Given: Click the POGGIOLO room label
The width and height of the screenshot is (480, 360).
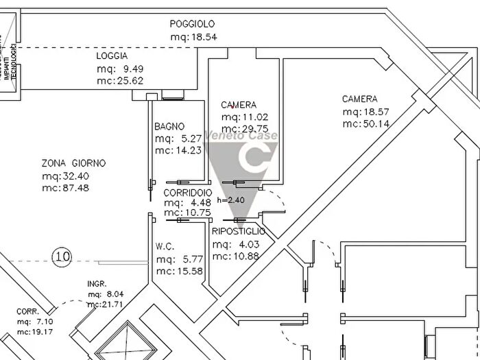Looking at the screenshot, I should pyautogui.click(x=193, y=24).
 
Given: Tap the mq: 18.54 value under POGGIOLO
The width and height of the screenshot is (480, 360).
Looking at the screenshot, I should pyautogui.click(x=193, y=37).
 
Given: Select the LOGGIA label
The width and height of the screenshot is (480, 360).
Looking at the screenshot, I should pyautogui.click(x=112, y=56).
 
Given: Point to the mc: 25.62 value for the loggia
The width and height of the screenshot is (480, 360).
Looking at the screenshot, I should pyautogui.click(x=120, y=81).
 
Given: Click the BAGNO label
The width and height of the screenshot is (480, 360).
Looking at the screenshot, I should pyautogui.click(x=169, y=126).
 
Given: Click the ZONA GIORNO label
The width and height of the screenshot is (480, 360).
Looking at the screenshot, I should pyautogui.click(x=73, y=163).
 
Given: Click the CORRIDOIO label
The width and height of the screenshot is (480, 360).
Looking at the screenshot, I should pyautogui.click(x=187, y=193).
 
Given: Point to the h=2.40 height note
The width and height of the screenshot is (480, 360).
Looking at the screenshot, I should pyautogui.click(x=230, y=200).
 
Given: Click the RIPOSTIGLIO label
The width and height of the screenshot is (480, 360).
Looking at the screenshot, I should pyautogui.click(x=239, y=232).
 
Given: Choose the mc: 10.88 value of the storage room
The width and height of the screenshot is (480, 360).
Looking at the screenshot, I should pyautogui.click(x=236, y=256).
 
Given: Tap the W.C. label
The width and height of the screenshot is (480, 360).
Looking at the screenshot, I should pyautogui.click(x=168, y=247).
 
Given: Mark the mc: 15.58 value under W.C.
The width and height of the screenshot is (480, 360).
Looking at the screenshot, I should pyautogui.click(x=179, y=272).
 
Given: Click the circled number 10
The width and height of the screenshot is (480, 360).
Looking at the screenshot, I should pyautogui.click(x=62, y=257).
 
